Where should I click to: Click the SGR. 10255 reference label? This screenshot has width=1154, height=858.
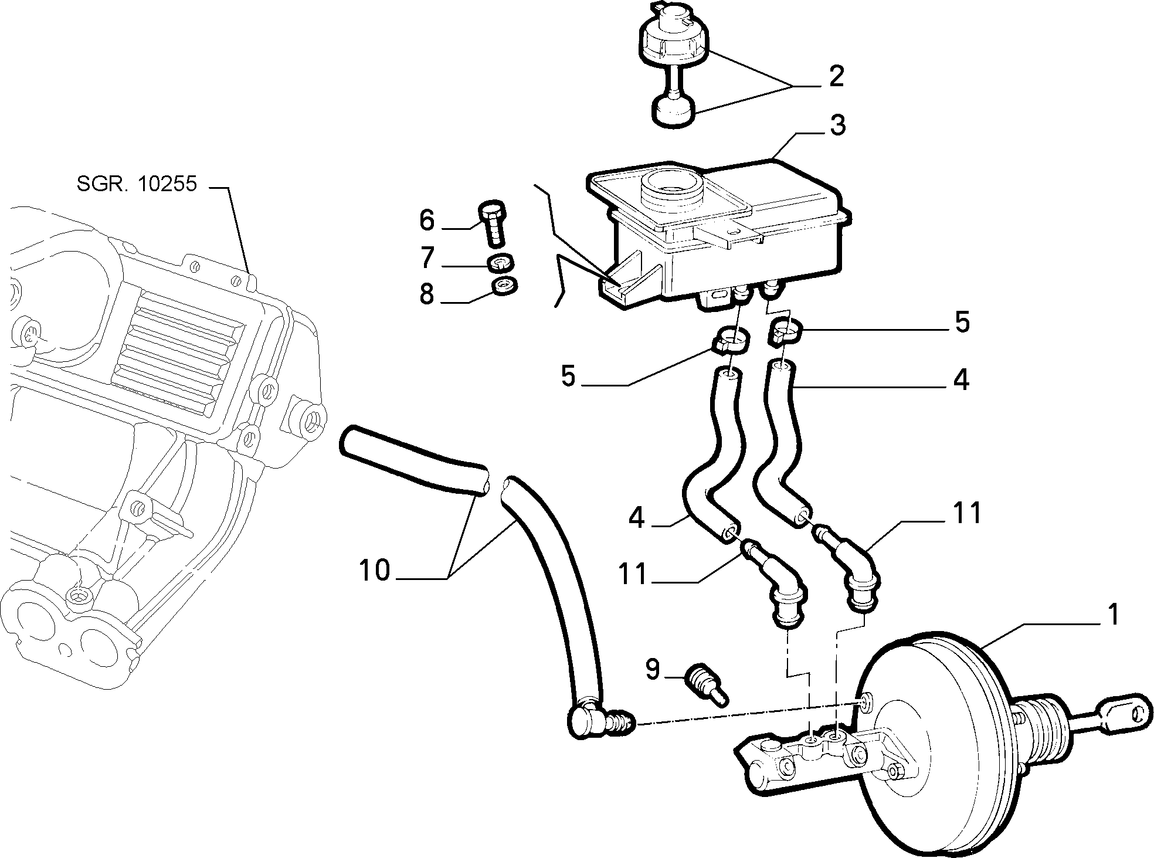(x=137, y=184)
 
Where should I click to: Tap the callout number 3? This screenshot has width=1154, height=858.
(x=837, y=125)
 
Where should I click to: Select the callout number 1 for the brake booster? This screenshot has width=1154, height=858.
(x=1112, y=615)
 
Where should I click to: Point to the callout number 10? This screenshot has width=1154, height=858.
(x=375, y=569)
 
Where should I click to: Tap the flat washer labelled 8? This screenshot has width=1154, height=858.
(x=504, y=287)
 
